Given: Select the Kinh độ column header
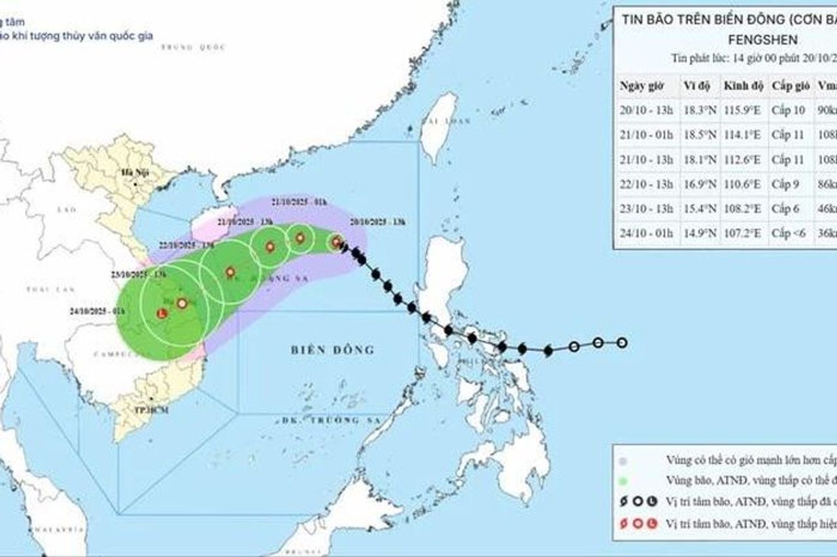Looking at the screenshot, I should tap(742, 86).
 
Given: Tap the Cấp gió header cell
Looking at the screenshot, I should tap(790, 86).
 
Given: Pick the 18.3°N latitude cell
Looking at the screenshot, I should tap(699, 110).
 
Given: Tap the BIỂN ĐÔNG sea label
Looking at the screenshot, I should tap(333, 350).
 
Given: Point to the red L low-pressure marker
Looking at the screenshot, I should tap(162, 314).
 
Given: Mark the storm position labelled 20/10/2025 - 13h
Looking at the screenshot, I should tap(336, 243).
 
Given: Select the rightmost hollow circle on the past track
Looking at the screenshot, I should tap(622, 343).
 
